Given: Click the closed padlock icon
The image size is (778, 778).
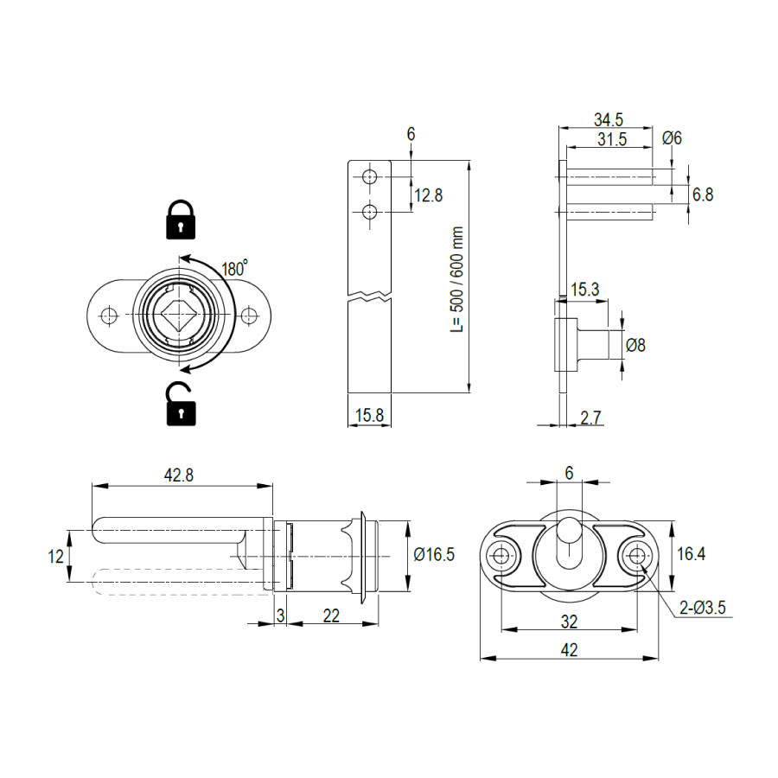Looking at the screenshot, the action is tap(180, 220).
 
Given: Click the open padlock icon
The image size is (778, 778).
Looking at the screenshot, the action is tap(180, 404).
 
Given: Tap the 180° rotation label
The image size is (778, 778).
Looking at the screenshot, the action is tap(234, 268).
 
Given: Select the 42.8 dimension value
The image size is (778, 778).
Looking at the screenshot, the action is tap(179, 475).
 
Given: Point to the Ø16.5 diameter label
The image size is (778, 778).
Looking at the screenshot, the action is tap(434, 554).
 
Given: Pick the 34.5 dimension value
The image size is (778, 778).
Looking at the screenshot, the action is tap(609, 119).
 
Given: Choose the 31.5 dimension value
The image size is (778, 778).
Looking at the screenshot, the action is tap(612, 139).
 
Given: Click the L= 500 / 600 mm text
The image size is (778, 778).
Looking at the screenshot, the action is tap(457, 279).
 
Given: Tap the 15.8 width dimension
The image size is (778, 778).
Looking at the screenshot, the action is tap(370, 415).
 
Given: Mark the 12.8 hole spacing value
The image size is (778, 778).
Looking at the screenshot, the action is tap(429, 195).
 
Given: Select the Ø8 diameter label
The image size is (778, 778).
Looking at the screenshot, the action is tap(635, 344).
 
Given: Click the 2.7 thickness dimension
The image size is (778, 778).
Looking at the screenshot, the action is tap(590, 418).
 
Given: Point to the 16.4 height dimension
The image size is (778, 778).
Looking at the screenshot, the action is tap(692, 554).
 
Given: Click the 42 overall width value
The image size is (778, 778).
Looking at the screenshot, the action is tap(569, 649).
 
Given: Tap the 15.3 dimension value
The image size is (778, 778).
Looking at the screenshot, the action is tap(585, 290).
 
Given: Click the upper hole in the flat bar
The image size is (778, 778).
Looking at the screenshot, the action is tap(369, 176).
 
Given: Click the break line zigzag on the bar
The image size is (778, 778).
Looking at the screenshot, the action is tap(370, 297).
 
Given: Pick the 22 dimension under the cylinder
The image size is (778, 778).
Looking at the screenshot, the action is tap(331, 615).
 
